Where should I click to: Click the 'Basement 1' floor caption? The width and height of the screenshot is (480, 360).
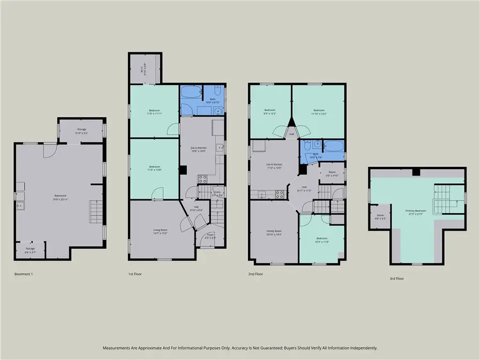tap(24, 274)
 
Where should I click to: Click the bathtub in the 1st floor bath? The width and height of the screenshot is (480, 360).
tap(189, 94)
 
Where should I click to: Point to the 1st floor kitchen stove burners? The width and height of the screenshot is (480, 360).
tap(203, 179)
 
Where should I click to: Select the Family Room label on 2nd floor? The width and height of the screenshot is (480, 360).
tap(274, 233)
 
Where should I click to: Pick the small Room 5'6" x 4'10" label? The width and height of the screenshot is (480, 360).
tap(331, 173)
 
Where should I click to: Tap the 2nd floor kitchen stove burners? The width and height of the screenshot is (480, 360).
tap(279, 193)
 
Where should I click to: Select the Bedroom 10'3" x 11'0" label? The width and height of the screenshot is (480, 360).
tap(322, 239)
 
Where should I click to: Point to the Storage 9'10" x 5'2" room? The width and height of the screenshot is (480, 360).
tap(81, 131)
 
